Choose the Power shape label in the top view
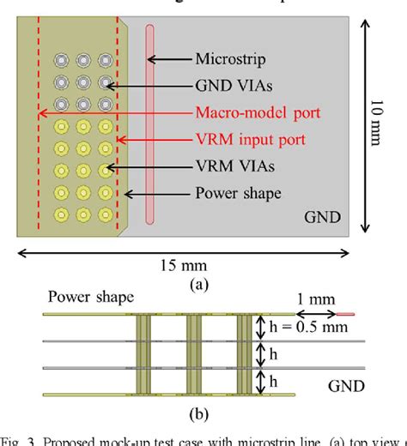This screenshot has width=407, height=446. tap(238, 193)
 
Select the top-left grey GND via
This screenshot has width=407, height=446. tap(62, 61)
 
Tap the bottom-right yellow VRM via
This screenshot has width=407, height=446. tap(105, 212)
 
